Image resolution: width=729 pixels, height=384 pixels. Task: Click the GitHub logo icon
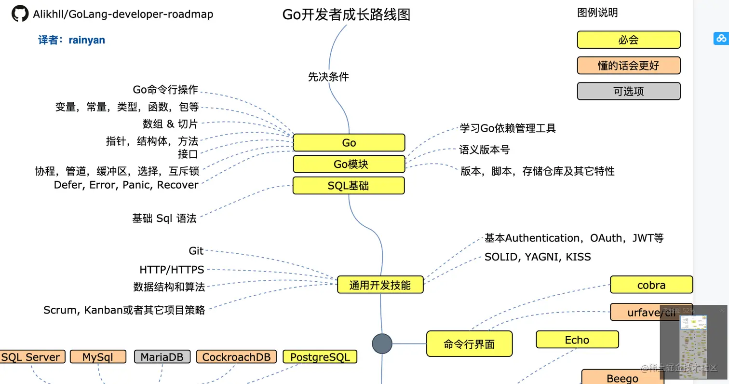point(20,14)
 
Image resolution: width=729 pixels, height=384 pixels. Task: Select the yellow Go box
point(349,143)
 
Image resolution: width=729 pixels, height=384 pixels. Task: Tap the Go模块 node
point(349,164)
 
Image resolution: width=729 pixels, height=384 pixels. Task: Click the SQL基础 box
point(349,186)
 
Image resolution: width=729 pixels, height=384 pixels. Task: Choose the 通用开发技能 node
point(380,285)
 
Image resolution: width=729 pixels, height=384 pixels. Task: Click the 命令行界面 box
point(469,344)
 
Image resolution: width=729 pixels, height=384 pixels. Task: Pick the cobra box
point(651,285)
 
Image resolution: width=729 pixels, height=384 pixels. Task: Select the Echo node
point(577,340)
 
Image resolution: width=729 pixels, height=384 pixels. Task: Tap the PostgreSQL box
point(320,357)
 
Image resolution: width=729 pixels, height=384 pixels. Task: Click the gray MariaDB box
point(162,357)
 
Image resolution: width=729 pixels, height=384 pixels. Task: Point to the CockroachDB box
point(236,357)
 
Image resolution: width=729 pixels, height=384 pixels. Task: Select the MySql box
point(98,357)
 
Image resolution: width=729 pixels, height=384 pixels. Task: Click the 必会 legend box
point(628,40)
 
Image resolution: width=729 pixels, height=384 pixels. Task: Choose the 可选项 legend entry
point(628,91)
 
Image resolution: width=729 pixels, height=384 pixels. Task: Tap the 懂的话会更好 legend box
point(628,66)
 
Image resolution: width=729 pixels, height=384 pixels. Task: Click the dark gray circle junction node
point(382,343)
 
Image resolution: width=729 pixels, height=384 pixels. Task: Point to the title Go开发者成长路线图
point(346,15)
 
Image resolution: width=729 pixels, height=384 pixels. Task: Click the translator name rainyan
point(86,40)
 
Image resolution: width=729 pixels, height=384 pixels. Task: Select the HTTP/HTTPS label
point(172,269)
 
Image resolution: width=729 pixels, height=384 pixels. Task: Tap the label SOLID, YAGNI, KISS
point(538,257)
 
